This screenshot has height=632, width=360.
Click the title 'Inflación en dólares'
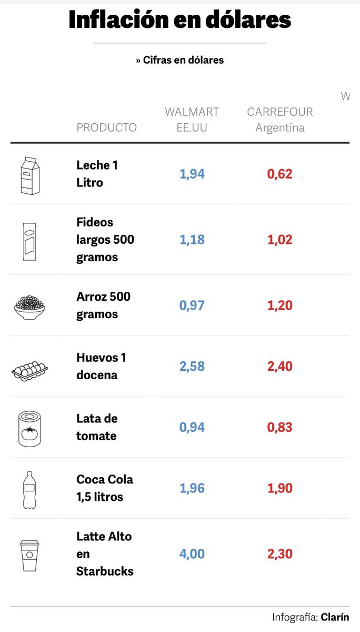tap(179, 20)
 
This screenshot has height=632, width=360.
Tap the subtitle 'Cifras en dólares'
tap(179, 60)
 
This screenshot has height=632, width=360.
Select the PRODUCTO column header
tap(106, 127)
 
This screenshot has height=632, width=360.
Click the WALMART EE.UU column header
tap(192, 120)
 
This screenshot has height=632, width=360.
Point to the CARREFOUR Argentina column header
tap(279, 120)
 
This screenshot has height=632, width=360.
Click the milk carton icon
tap(29, 175)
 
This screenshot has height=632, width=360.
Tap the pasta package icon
tap(29, 241)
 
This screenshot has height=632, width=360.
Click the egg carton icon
tap(29, 370)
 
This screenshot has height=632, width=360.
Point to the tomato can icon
tap(29, 429)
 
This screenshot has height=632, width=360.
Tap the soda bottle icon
tap(29, 490)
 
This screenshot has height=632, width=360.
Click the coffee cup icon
tap(29, 555)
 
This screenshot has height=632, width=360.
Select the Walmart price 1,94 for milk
tap(192, 174)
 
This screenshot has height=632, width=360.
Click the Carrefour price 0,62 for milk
tap(279, 174)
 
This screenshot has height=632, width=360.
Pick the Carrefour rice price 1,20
tap(279, 305)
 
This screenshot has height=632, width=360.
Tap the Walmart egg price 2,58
tap(192, 367)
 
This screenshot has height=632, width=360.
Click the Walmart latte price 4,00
tap(192, 554)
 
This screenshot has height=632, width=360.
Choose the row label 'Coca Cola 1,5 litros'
tap(105, 488)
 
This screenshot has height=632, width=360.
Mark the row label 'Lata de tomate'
tap(97, 427)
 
